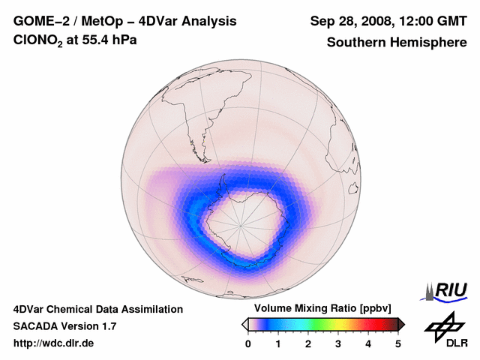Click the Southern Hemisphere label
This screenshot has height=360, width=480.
pos(397,42)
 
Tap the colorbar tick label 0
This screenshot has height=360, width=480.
pos(248,343)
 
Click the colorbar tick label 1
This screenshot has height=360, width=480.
pos(278,343)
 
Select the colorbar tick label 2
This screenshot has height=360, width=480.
pos(308,343)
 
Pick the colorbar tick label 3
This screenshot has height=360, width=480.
pos(338,343)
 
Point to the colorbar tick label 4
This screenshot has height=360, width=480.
pos(368,343)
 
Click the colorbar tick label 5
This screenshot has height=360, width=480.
pos(398,343)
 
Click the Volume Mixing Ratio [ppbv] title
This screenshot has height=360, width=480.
pos(319,309)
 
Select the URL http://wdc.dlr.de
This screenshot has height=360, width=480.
pos(54,343)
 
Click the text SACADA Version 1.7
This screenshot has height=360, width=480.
pos(64,326)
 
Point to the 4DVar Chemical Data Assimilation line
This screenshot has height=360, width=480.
pos(97,309)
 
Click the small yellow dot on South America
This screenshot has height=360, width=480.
pos(204,140)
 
